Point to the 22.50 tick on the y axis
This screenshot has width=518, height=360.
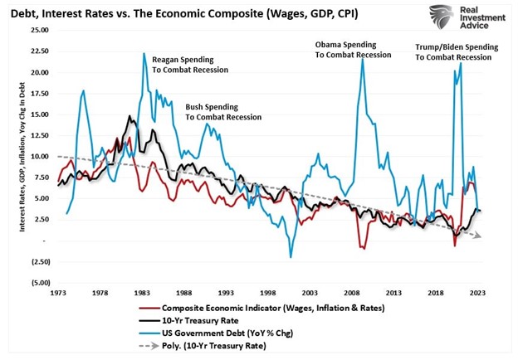pyautogui.click(x=38, y=51)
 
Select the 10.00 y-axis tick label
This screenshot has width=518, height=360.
pyautogui.click(x=38, y=156)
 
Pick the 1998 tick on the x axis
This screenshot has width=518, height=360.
pyautogui.click(x=267, y=293)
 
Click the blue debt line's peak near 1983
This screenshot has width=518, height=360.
pyautogui.click(x=144, y=54)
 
